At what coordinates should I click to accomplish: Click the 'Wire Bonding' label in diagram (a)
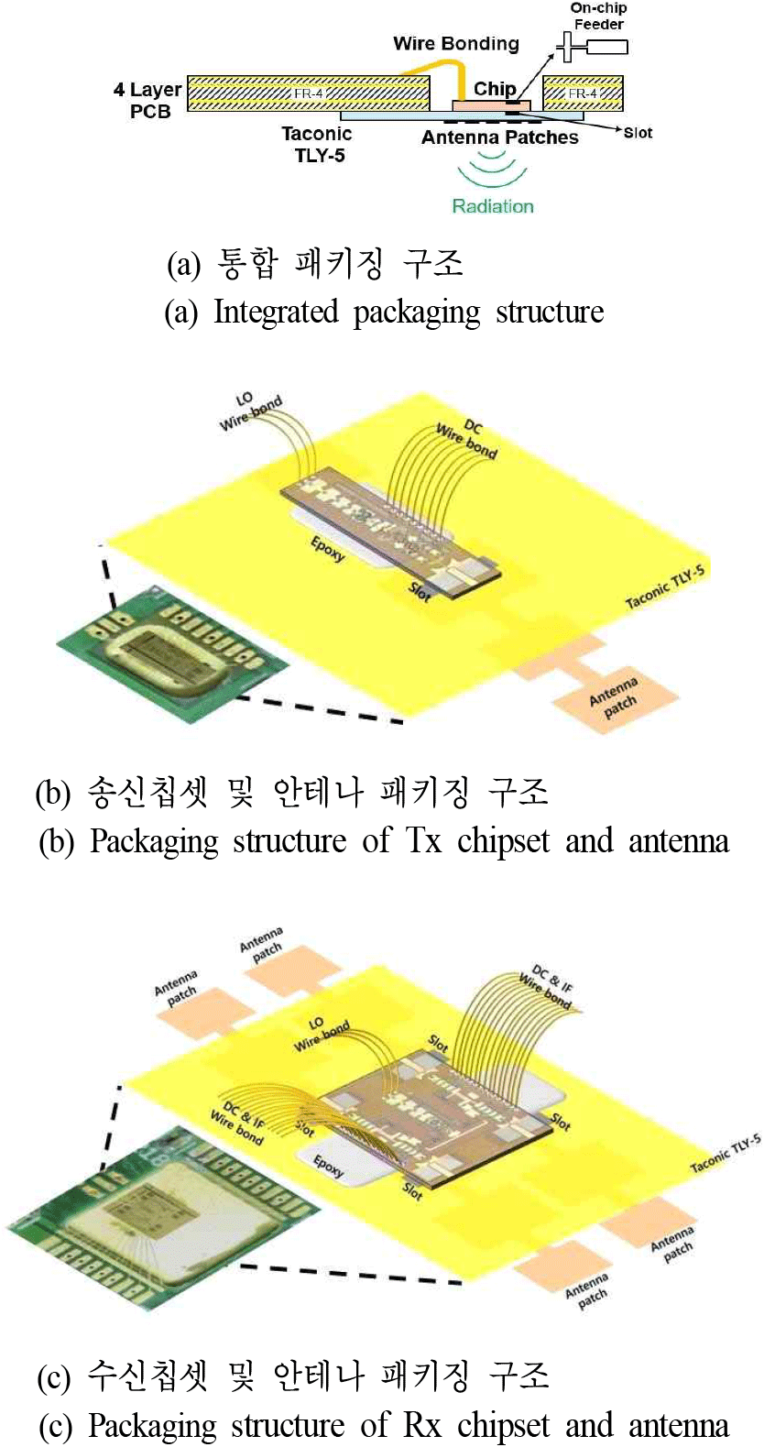(455, 44)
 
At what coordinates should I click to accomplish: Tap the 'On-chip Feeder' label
(598, 16)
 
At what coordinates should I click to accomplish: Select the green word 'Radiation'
(492, 206)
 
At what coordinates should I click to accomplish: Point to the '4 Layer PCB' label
(148, 101)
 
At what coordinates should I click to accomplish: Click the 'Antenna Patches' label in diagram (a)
(499, 137)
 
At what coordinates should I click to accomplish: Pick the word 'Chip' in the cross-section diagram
(495, 89)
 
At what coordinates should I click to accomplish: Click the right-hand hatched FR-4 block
(583, 93)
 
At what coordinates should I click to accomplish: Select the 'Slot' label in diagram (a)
(638, 133)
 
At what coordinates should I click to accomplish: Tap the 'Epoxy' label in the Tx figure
(328, 550)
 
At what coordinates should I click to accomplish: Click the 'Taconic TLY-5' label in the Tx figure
(665, 587)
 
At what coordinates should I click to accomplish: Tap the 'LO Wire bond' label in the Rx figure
(320, 1034)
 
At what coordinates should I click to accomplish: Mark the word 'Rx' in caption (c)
(421, 1426)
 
